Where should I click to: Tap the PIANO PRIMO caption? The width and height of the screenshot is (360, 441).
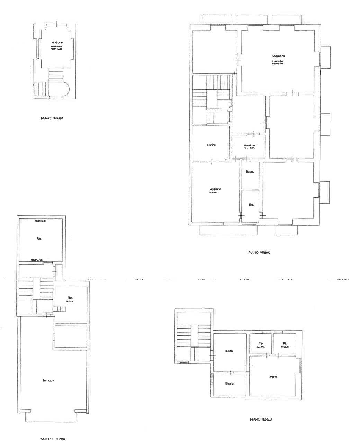coord(259,253)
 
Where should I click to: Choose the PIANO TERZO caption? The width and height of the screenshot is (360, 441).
coord(261,420)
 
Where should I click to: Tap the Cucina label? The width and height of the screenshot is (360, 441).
coord(211,145)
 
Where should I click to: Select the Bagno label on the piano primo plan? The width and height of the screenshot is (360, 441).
coord(250,172)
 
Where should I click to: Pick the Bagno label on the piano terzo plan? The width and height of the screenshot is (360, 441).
coord(229,384)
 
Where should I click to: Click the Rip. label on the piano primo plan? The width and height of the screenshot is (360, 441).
coord(251,205)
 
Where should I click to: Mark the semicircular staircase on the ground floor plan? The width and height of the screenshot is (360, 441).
coord(51,89)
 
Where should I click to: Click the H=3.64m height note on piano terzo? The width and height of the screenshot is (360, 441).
coord(229,351)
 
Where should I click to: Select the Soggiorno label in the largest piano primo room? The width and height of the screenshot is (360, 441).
coord(278,56)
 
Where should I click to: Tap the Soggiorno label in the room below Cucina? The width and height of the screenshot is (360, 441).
coord(215,189)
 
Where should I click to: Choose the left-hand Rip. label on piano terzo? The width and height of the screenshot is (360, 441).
coord(261,344)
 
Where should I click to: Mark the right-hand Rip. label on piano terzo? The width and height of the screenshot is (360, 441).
coord(285,344)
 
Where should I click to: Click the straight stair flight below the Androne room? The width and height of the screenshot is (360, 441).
coord(56,74)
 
